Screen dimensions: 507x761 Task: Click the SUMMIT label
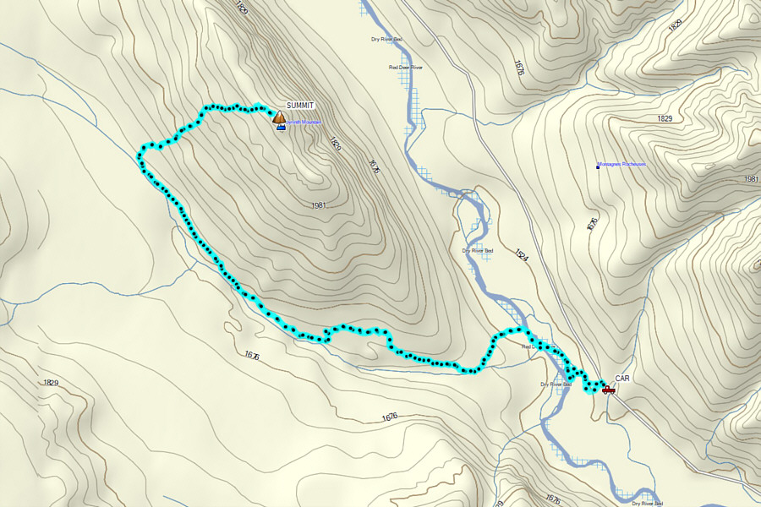click(x=300, y=105)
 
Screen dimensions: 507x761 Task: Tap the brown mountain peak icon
click(x=279, y=117)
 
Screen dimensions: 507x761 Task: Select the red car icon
click(x=608, y=389)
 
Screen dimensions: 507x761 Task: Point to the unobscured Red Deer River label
click(x=405, y=67)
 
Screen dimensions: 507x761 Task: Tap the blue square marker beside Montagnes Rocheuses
click(x=598, y=166)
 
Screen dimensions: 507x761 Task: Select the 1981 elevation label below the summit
click(x=318, y=205)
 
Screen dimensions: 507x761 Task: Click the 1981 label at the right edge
click(x=752, y=179)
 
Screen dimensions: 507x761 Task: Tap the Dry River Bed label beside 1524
click(x=477, y=250)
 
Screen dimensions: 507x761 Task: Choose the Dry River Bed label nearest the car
click(x=556, y=384)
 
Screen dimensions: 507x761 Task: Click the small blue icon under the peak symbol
click(x=280, y=128)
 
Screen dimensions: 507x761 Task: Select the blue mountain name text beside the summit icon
click(x=298, y=123)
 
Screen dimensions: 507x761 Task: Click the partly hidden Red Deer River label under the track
click(x=529, y=346)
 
